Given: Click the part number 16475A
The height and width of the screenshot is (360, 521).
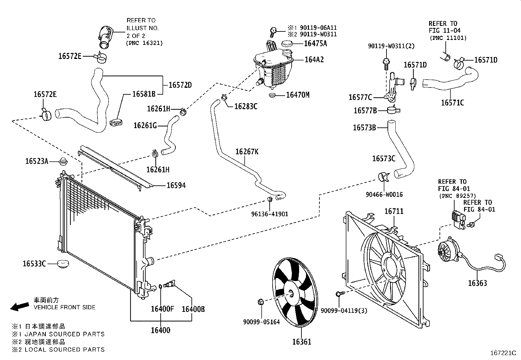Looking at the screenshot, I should pos(315,43).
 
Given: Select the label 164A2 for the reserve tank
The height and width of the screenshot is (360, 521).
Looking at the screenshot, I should pos(314,60).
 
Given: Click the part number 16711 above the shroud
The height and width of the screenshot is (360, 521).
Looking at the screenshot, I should pos(394,211).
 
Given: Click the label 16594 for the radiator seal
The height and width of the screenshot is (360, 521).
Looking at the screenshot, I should pos(176,185).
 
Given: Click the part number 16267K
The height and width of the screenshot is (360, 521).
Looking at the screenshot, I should pos(247,152).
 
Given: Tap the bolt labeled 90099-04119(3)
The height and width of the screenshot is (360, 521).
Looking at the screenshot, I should pos(339,294).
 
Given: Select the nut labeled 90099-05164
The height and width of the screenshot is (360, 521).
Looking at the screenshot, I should pos(261,301).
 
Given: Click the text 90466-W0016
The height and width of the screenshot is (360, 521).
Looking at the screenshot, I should pos(384,195).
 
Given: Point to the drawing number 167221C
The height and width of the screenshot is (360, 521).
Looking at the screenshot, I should pos(503,353).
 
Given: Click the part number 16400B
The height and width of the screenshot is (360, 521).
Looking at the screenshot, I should pos(193,309).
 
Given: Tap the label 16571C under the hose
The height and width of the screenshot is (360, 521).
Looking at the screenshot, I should pos(452,103).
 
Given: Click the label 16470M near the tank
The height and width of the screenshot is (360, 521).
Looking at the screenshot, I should pos(297,95).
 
